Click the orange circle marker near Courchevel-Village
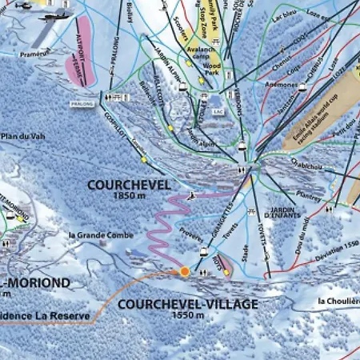click(185, 272)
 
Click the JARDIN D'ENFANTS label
click(279, 214)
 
